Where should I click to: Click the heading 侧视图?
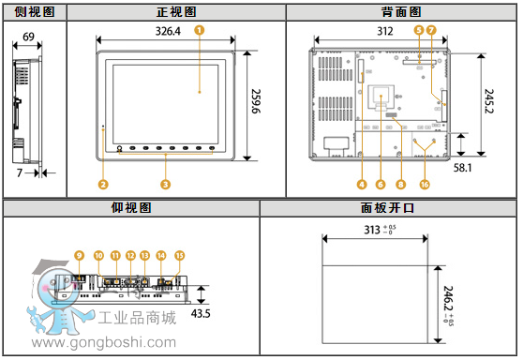point(34,11)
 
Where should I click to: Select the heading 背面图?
point(400,11)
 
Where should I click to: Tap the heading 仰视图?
point(130,208)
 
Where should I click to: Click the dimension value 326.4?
point(167,32)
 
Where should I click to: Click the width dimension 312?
point(384,31)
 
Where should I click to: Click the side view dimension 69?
point(28,37)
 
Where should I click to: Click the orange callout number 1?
point(199,30)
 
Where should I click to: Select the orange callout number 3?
point(165,184)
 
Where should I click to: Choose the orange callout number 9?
point(79,255)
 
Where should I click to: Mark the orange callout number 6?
point(381,184)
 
